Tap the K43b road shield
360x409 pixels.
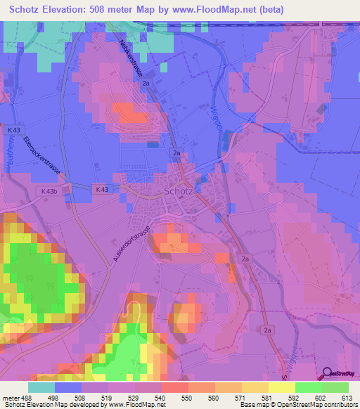tap(49, 191)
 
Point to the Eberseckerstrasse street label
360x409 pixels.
tap(43, 155)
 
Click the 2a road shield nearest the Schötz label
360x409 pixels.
tap(177, 152)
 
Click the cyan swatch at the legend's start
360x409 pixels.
tap(41, 387)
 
